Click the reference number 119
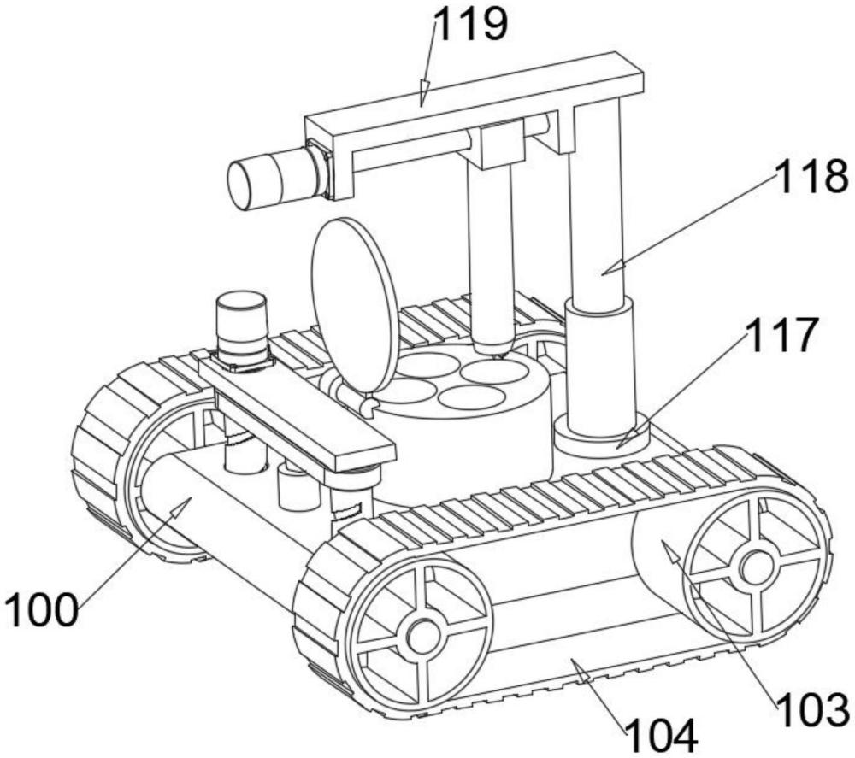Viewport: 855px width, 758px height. coord(470,25)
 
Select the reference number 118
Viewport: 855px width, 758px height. coord(811,176)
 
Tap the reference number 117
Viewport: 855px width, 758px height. coord(782,335)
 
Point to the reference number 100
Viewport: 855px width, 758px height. coord(40,610)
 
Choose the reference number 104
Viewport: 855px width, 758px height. coord(662,736)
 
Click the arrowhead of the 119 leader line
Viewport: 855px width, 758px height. coord(424,93)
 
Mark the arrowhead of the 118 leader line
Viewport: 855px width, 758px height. coord(610,267)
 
